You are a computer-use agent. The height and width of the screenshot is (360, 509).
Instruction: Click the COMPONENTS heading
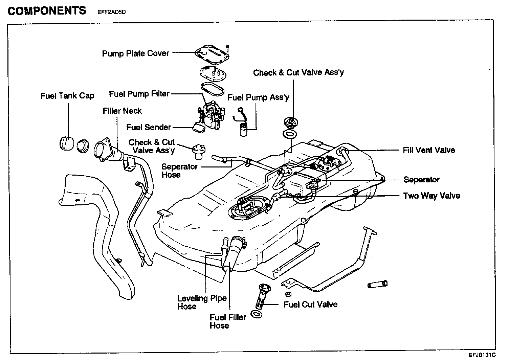click(x=47, y=11)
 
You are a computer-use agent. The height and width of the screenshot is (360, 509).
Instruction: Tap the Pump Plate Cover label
click(x=135, y=53)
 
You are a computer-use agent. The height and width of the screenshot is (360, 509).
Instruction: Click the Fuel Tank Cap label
click(x=67, y=96)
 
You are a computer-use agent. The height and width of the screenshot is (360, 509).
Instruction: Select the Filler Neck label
click(x=122, y=111)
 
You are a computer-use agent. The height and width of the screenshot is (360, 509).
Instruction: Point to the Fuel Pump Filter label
click(x=139, y=94)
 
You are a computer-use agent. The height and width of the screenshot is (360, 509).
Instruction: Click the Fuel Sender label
click(x=149, y=127)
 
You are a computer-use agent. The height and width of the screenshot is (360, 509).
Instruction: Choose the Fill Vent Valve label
click(x=429, y=150)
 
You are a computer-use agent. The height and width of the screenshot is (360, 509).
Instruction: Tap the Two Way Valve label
click(x=431, y=196)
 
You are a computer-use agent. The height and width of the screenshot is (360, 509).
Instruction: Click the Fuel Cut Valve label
click(x=310, y=305)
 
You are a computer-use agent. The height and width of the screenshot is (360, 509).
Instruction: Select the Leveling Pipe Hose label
click(x=202, y=302)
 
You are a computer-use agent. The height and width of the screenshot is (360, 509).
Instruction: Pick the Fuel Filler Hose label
click(x=228, y=321)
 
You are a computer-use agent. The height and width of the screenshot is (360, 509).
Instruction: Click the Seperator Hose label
click(x=179, y=171)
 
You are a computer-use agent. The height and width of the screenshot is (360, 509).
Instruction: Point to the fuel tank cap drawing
click(x=67, y=143)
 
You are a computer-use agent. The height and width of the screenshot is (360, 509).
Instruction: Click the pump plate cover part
click(x=212, y=54)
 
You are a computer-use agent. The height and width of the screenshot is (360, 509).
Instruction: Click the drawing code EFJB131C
click(x=482, y=355)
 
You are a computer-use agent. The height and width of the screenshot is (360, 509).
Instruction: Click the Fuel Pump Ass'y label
click(x=258, y=98)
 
